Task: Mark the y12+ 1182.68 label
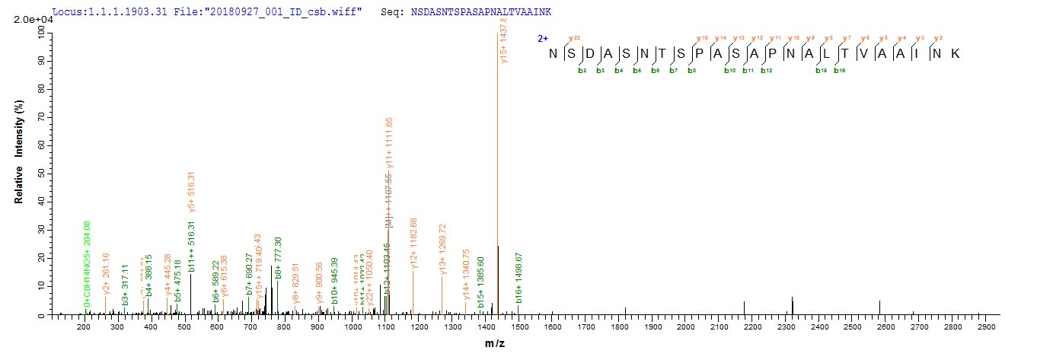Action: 413,244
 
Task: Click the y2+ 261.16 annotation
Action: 107,278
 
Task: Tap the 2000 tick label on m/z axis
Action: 685,327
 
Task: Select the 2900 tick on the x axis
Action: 987,327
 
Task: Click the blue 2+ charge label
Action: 542,38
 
